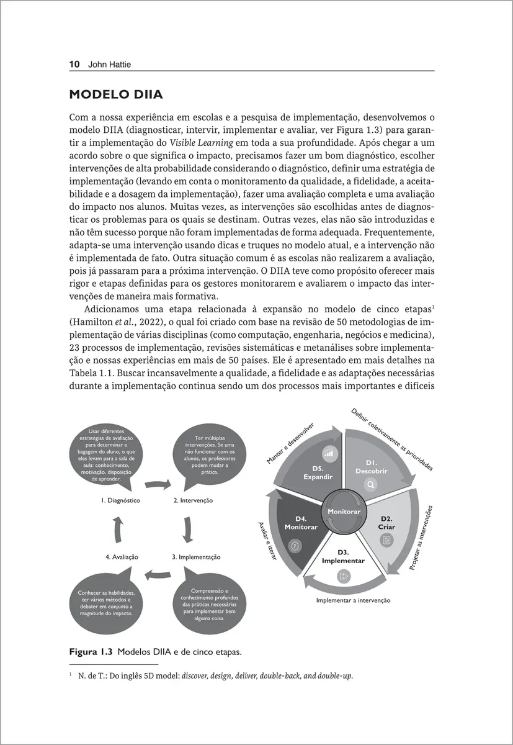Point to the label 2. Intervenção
(193, 500)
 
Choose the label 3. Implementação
(196, 557)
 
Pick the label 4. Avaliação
(122, 557)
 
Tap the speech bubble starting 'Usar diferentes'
(107, 454)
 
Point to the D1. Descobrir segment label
(372, 467)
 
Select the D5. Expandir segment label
(318, 472)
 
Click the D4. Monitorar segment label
(301, 523)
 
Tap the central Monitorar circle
(344, 511)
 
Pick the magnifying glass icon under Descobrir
(371, 485)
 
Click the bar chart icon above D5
(329, 453)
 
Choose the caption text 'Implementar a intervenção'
(353, 600)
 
